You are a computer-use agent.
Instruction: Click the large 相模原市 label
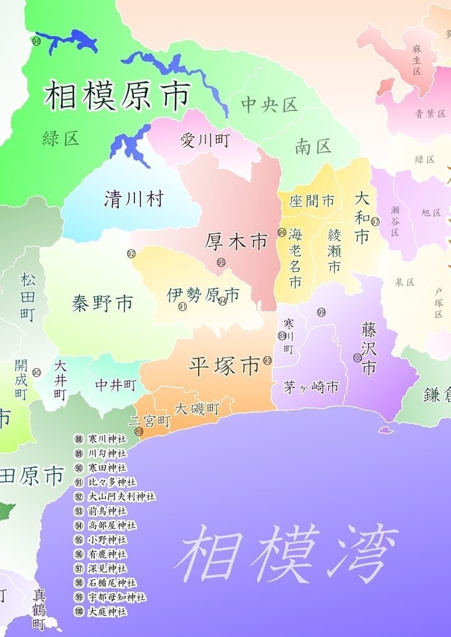[x=117, y=95]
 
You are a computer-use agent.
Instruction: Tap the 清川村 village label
[x=134, y=199]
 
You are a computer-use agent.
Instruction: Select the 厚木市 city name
[x=236, y=241]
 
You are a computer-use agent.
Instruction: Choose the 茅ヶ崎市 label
[x=311, y=387]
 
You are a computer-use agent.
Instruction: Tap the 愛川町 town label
[x=205, y=140]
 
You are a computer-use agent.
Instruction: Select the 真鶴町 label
[x=39, y=608]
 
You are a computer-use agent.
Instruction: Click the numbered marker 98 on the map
[x=36, y=41]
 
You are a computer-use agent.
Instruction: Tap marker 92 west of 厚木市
[x=131, y=253]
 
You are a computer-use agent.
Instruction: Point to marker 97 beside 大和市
[x=375, y=221]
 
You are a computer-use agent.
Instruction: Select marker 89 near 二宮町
[x=139, y=431]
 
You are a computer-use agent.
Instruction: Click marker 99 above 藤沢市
[x=321, y=312]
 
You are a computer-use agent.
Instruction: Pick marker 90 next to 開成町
[x=37, y=372]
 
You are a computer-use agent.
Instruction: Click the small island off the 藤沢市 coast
[x=386, y=429]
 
